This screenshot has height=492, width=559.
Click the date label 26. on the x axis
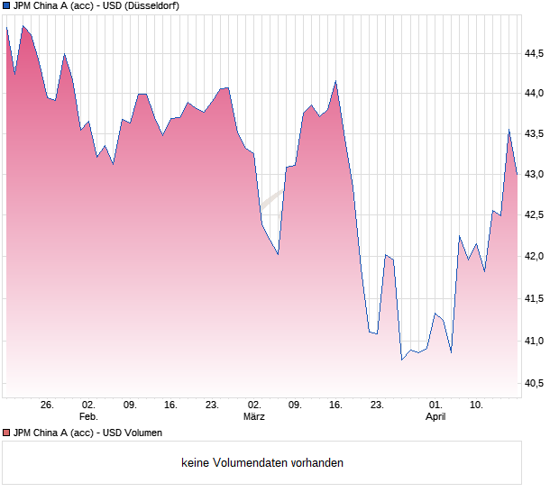click(48, 405)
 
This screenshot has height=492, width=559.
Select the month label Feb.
click(88, 416)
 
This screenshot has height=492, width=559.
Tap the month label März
click(254, 416)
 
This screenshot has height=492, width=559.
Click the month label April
click(435, 416)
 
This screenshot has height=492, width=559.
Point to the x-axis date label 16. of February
click(171, 405)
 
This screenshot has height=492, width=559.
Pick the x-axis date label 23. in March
click(377, 405)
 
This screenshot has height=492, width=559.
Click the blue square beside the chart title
click(6, 6)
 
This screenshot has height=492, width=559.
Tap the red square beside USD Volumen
click(6, 433)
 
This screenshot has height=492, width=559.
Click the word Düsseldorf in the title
click(150, 6)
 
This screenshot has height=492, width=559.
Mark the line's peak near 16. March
click(335, 81)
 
